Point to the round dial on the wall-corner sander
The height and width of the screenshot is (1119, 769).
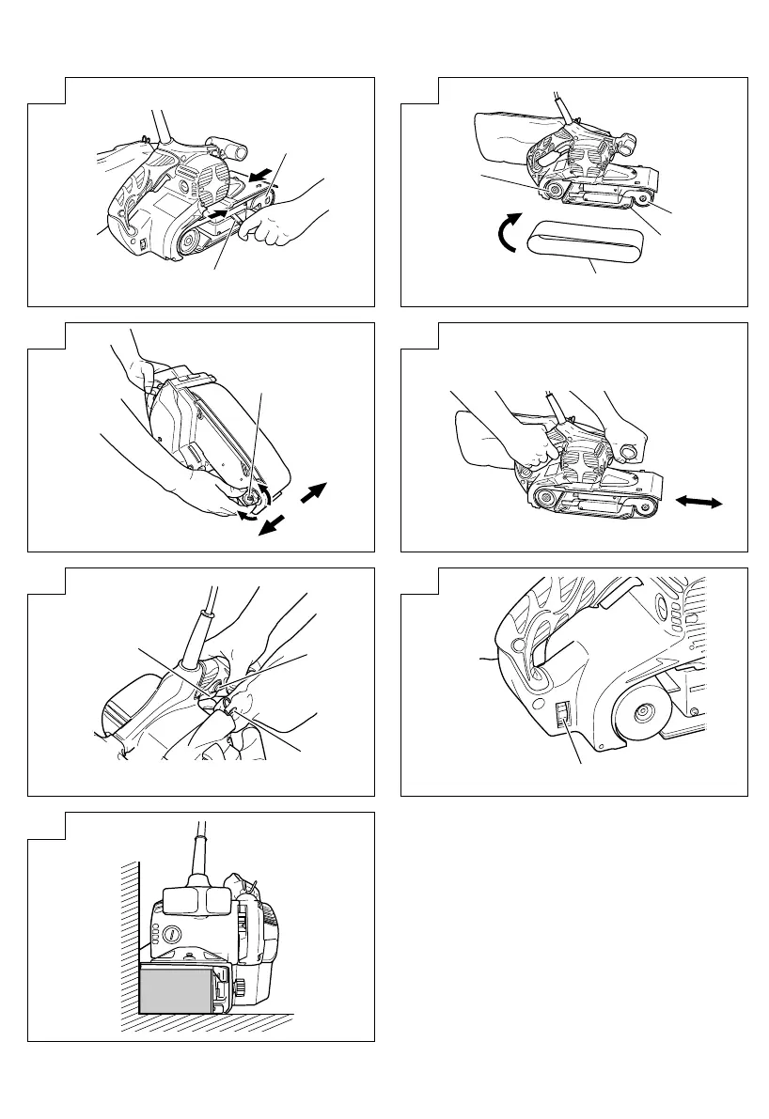tap(172, 936)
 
